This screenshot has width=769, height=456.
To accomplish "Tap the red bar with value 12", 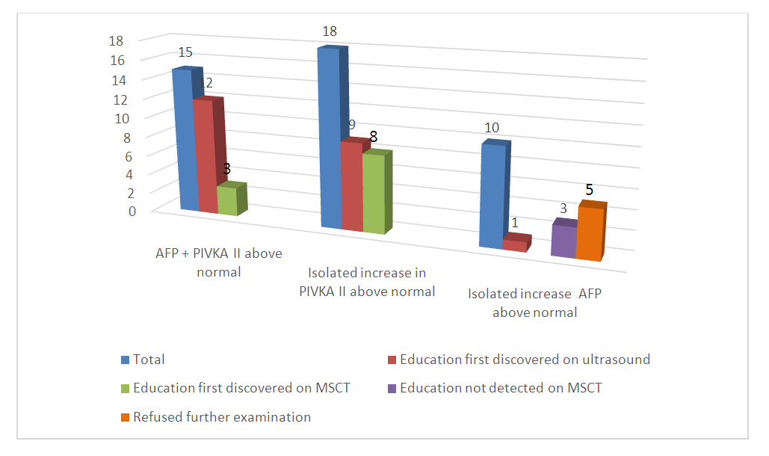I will [205, 157].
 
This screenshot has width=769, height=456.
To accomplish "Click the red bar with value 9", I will [352, 185].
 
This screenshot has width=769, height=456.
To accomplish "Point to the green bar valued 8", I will [373, 194].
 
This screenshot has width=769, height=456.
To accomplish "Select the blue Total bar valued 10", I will [490, 196].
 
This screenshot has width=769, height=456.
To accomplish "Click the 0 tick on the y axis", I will [133, 211].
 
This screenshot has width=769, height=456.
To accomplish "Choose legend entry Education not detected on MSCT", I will [500, 388].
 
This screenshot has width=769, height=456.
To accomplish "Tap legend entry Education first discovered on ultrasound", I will [524, 360].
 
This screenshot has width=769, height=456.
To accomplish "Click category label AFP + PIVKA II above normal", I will [218, 262].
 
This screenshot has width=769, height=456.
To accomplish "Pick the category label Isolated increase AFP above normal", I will [534, 304].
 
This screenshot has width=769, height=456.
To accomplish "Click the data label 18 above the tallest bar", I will [330, 31].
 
